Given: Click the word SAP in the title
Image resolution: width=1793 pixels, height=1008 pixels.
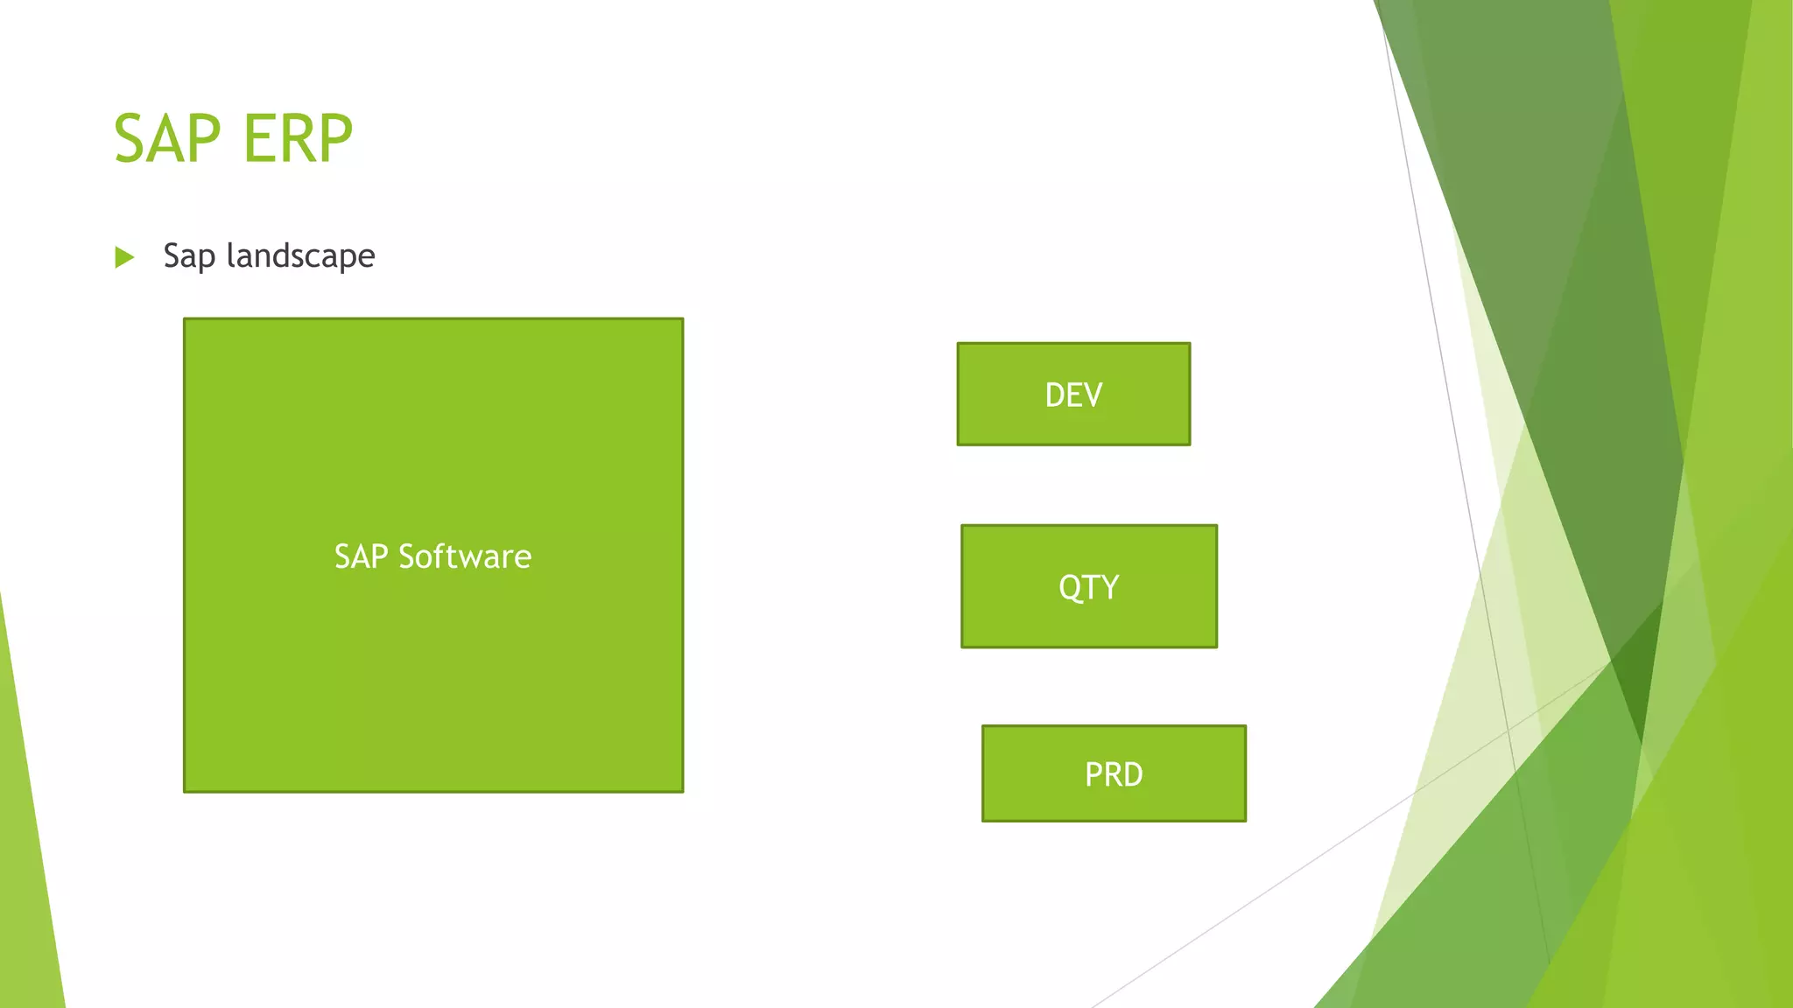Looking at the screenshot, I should [x=166, y=139].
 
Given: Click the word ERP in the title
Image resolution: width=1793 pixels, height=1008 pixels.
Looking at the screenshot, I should [x=298, y=139].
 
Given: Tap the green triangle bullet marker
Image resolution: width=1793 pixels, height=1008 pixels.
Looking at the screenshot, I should [x=124, y=257].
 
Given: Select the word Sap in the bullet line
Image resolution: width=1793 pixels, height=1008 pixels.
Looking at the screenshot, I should [x=188, y=256].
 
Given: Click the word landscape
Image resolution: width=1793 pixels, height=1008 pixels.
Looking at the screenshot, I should [x=300, y=256].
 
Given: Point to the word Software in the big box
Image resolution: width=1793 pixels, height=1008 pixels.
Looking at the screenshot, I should [x=465, y=556].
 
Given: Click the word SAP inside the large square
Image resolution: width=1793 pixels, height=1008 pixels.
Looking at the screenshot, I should [x=361, y=556].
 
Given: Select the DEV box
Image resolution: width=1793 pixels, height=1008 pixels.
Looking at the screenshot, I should [x=1073, y=394].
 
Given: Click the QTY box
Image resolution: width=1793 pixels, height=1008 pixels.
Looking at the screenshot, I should [x=1088, y=586].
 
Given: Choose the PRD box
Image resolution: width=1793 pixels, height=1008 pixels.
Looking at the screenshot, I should [x=1113, y=773].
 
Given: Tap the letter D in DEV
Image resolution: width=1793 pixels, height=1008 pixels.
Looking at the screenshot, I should [x=1055, y=395].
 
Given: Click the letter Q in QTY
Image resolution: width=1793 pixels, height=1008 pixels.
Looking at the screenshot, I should [x=1070, y=587].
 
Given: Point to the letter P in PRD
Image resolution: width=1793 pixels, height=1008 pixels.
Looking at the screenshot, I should [x=1093, y=774].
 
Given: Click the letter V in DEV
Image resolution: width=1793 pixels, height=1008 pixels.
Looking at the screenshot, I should [x=1093, y=395].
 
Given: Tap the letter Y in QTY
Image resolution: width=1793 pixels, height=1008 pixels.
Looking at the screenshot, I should [x=1109, y=587].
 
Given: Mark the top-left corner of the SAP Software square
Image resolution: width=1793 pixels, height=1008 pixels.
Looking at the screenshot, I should [x=185, y=319].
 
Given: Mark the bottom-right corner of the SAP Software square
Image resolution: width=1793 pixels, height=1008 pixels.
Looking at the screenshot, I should [x=682, y=791].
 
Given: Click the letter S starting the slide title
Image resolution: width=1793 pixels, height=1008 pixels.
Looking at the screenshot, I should [x=130, y=139].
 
